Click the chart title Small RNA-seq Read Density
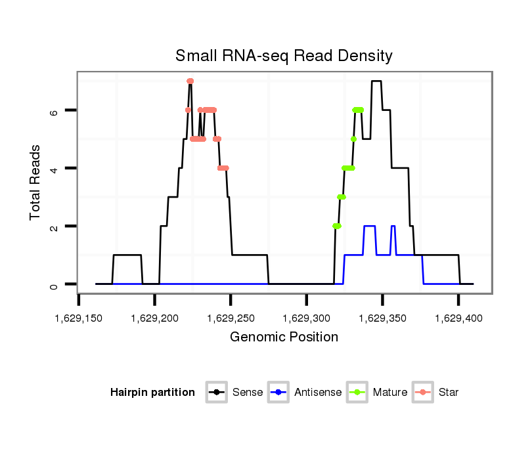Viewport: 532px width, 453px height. [284, 56]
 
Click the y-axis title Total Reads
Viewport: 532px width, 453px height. [37, 183]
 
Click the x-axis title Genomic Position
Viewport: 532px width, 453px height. [284, 337]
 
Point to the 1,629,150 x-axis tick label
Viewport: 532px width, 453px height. [79, 318]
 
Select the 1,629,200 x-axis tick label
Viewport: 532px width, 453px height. [154, 318]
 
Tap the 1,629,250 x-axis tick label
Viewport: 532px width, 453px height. [231, 318]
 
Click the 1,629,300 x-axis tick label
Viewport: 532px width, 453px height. [307, 318]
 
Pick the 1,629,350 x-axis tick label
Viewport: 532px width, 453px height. [382, 318]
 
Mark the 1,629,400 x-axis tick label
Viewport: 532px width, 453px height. [458, 318]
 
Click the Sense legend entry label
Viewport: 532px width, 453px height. [248, 393]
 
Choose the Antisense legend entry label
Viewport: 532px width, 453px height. [318, 393]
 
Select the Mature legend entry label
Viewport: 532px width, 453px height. [390, 393]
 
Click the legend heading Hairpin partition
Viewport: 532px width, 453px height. [152, 393]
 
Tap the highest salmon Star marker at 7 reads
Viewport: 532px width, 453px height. [190, 81]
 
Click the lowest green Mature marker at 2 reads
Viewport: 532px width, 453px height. [337, 226]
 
